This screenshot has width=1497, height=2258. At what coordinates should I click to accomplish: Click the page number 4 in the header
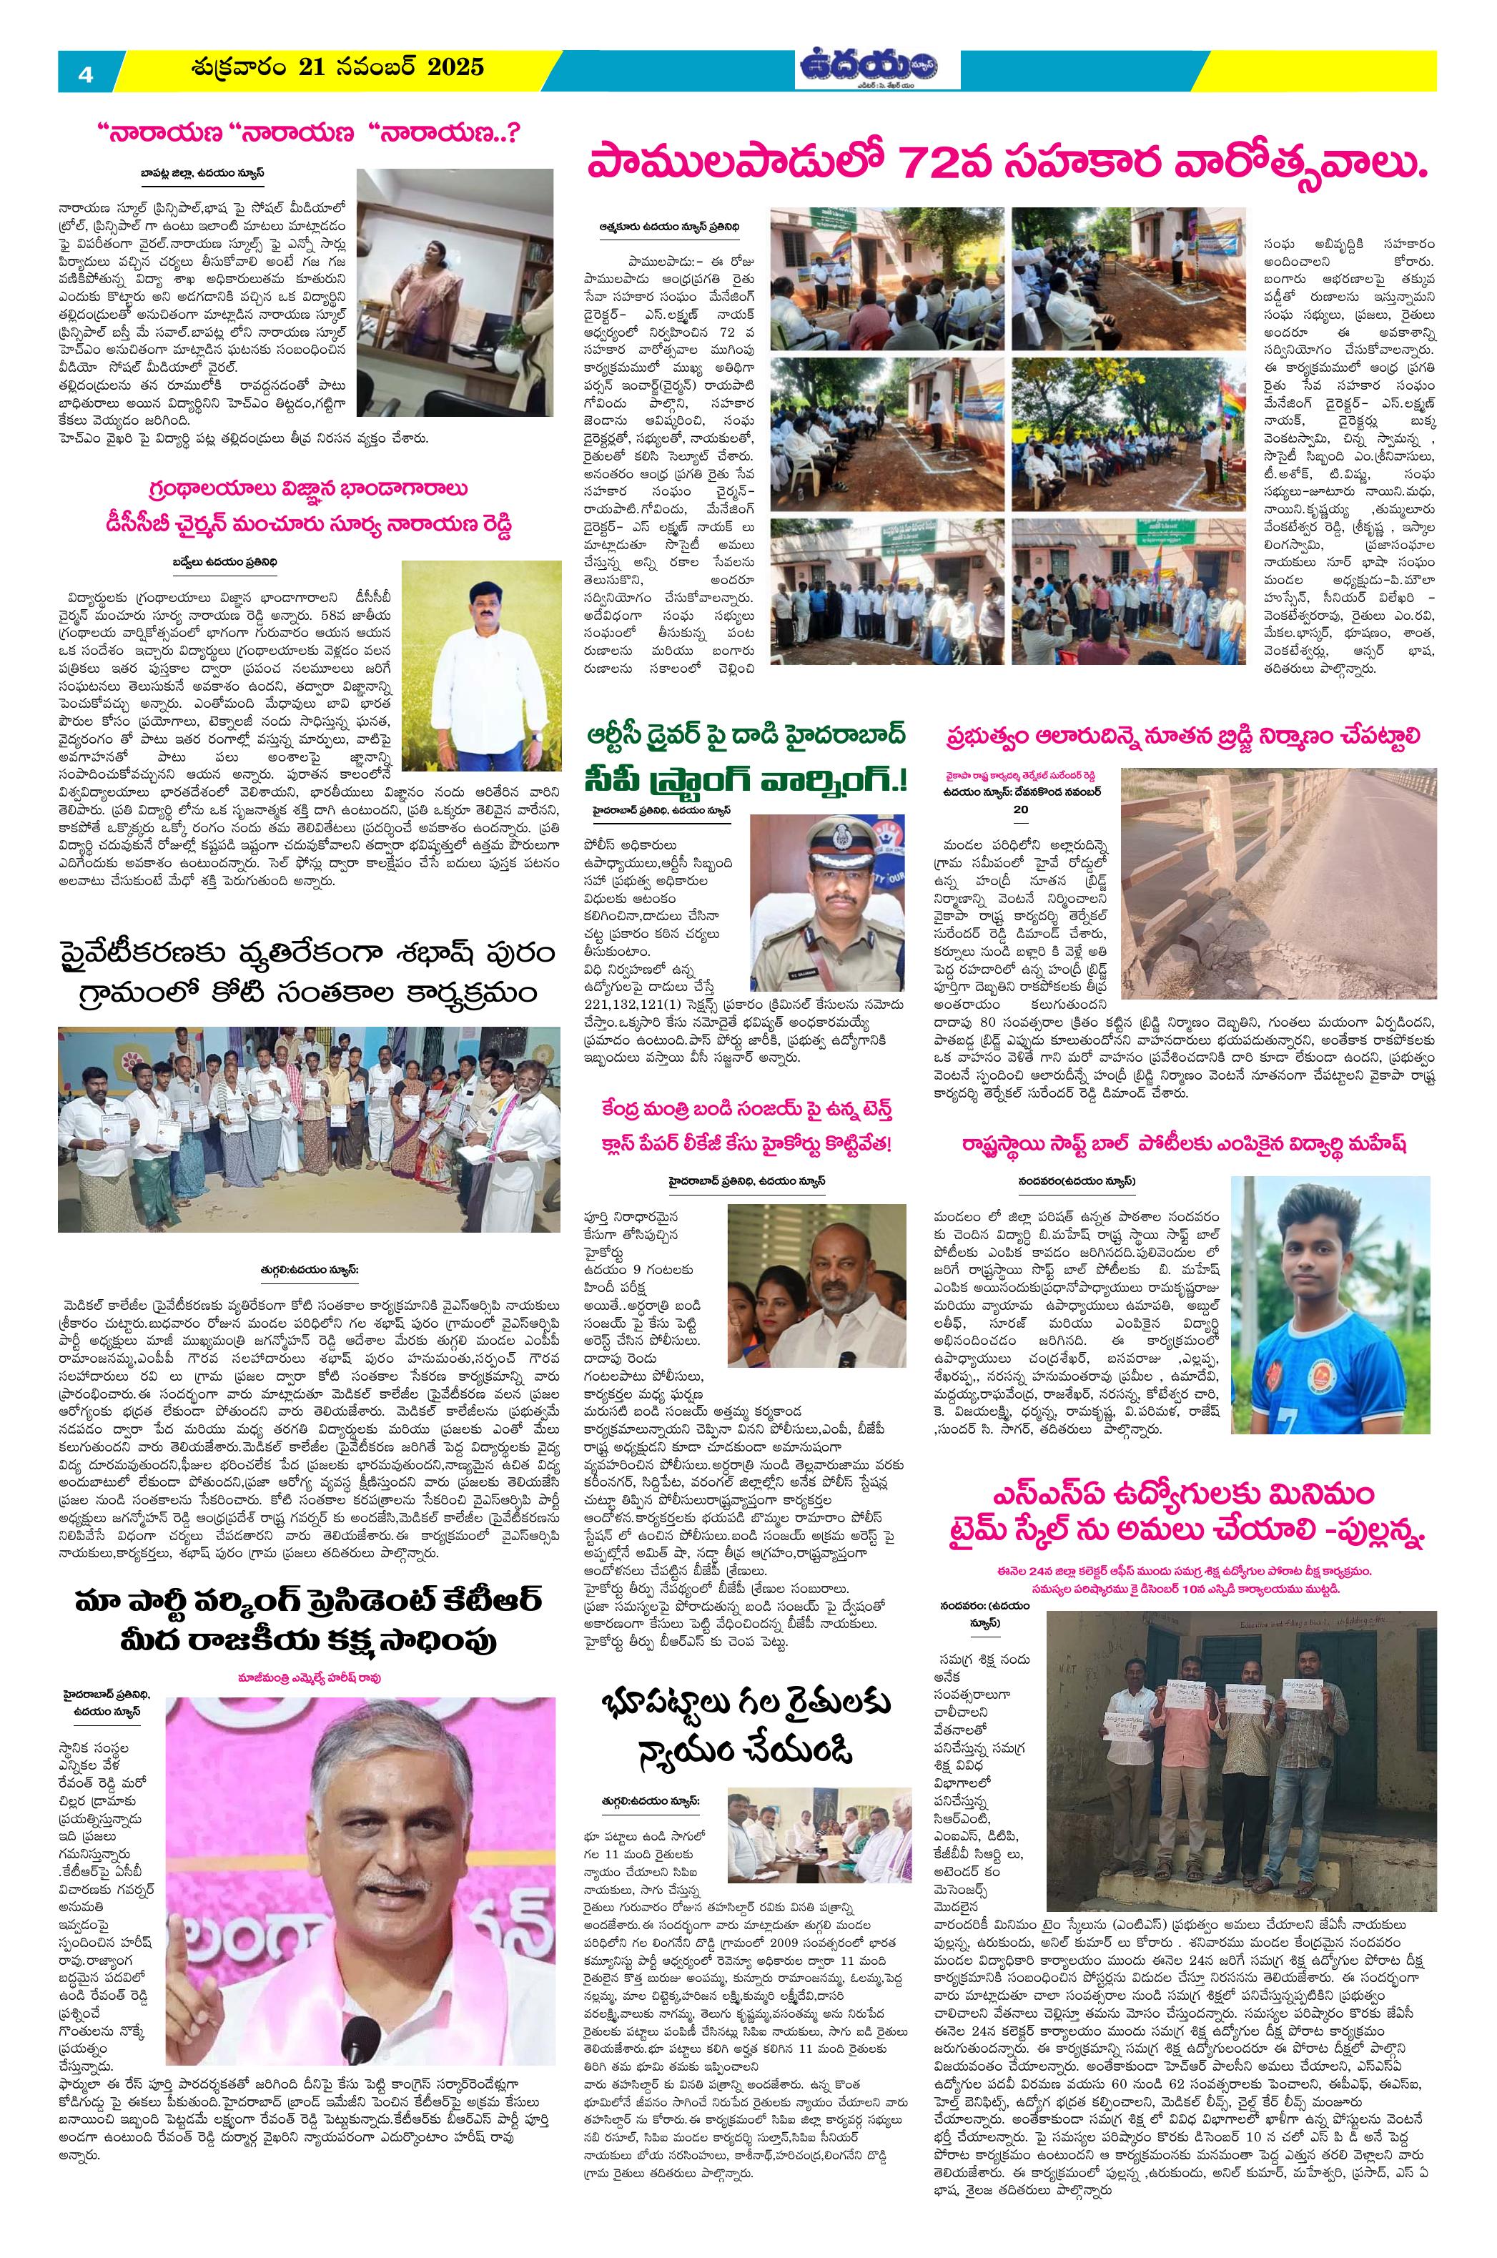[85, 74]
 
